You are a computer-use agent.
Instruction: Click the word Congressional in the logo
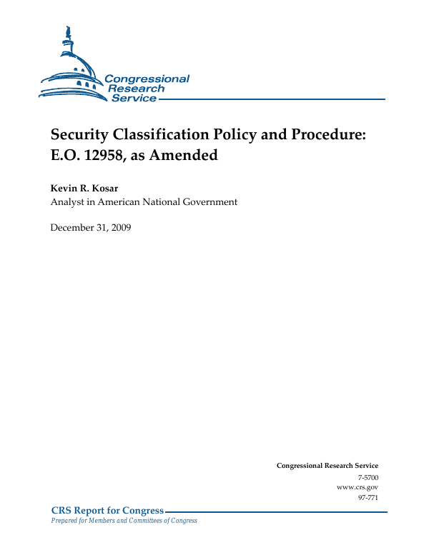(x=147, y=79)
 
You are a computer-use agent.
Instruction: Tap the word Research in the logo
(x=136, y=89)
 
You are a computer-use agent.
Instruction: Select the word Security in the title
(x=81, y=135)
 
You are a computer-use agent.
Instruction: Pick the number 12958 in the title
(x=104, y=154)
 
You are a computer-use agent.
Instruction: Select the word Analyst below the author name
(x=68, y=202)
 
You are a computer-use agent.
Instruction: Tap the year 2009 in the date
(x=121, y=228)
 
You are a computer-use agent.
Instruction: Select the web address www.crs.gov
(x=357, y=486)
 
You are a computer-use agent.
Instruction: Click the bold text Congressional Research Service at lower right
(x=327, y=466)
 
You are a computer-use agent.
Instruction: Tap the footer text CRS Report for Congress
(x=107, y=510)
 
